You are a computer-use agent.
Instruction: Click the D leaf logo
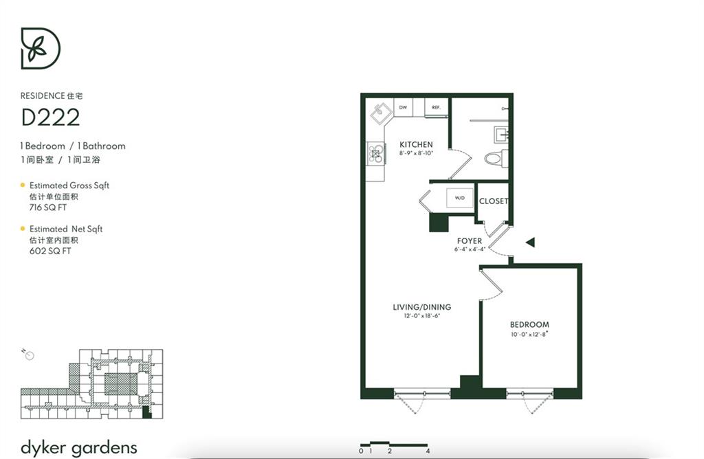[x=41, y=49]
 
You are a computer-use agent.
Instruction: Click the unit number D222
[x=51, y=117]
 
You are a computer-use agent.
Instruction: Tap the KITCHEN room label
[x=416, y=144]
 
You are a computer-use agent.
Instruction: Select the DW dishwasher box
[x=403, y=108]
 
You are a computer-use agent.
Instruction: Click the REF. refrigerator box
[x=437, y=108]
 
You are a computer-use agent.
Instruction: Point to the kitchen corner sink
[x=381, y=112]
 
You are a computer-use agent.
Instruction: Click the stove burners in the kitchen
[x=375, y=154]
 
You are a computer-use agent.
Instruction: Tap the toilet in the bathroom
[x=496, y=158]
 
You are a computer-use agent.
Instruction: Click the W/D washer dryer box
[x=459, y=198]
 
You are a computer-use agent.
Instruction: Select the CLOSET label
[x=494, y=201]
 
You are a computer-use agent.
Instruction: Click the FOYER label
[x=470, y=241]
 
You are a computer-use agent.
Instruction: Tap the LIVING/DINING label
[x=422, y=307]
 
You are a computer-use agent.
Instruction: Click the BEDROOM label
[x=529, y=324]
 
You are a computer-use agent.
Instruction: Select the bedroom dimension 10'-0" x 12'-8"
[x=530, y=334]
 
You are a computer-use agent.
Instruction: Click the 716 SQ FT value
[x=48, y=208]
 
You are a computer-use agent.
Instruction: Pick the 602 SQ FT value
[x=50, y=251]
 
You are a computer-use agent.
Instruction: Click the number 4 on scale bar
[x=428, y=451]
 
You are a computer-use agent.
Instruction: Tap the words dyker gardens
[x=79, y=448]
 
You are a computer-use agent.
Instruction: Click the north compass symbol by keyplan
[x=28, y=355]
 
